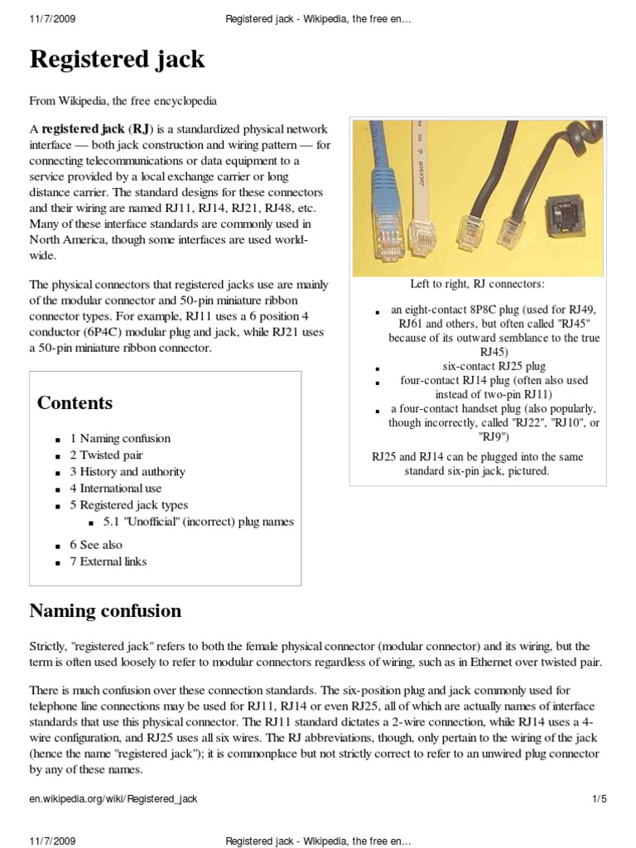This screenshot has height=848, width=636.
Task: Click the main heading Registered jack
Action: [117, 60]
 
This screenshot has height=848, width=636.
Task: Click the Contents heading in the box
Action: [75, 403]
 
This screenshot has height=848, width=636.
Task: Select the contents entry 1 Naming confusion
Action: [120, 438]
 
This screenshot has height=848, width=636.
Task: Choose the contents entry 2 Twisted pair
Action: [106, 455]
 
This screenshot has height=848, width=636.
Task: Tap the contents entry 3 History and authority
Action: [127, 471]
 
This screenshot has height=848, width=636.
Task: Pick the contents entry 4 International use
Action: [115, 488]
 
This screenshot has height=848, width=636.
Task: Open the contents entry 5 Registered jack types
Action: [128, 504]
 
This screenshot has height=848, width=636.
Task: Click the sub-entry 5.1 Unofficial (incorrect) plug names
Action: [198, 522]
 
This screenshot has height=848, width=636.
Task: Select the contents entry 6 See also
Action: [96, 544]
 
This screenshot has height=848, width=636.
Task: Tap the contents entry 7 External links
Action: [108, 561]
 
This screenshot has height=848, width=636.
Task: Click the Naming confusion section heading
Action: [105, 611]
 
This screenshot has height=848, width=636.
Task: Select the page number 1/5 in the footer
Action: [600, 798]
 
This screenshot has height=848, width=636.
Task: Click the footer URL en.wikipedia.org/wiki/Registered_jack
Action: [113, 798]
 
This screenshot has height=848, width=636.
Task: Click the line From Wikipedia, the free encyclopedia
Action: [123, 101]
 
